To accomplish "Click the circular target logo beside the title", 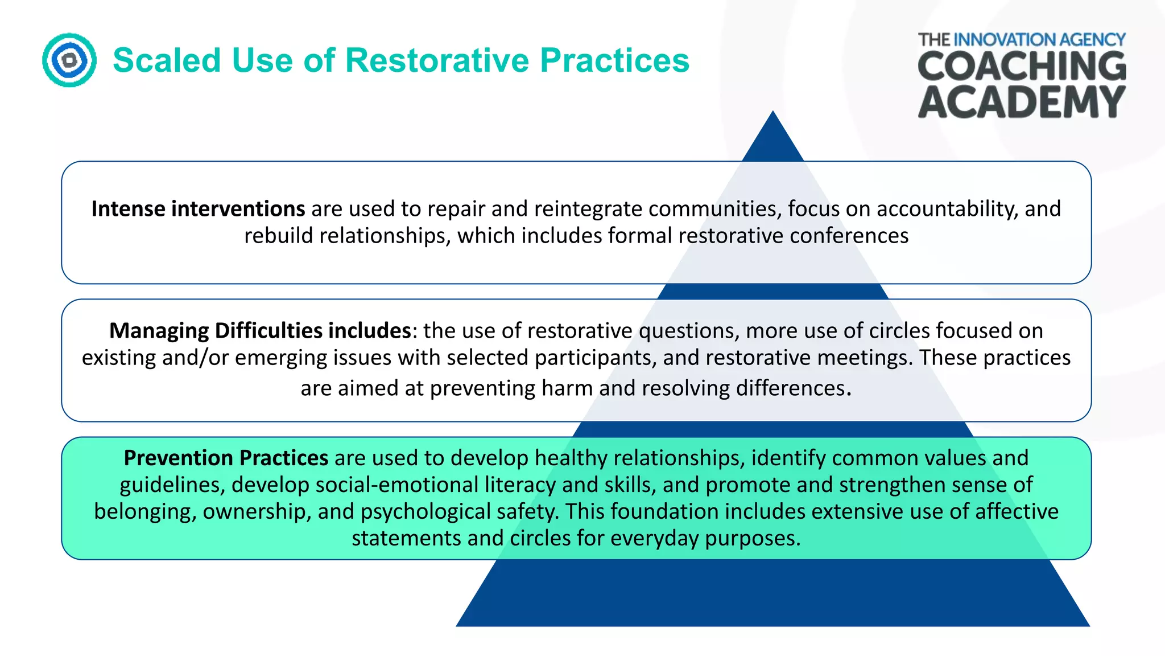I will tap(69, 60).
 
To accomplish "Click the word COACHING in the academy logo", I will tap(1022, 67).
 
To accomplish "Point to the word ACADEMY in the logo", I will tap(1022, 102).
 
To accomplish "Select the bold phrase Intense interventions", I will tap(198, 209).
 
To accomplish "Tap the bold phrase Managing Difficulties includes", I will tap(260, 331).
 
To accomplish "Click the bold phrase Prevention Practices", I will tap(226, 458).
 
